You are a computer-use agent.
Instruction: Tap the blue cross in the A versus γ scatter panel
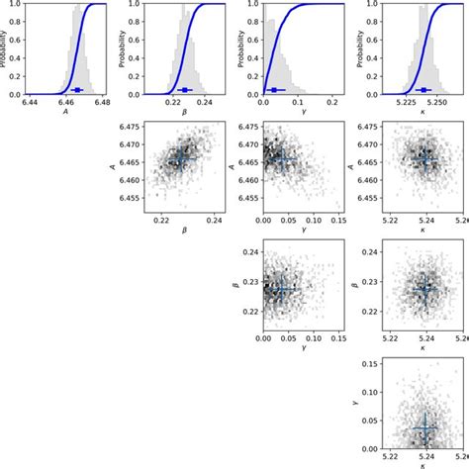click(283, 159)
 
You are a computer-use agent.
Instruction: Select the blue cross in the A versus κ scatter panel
click(425, 159)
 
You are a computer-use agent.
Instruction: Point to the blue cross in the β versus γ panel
click(283, 290)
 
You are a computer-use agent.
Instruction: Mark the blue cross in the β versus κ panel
click(425, 290)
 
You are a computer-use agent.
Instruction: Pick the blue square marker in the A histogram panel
click(77, 90)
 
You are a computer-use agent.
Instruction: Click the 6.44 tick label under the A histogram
click(31, 103)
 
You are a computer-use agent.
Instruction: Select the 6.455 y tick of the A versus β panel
click(130, 198)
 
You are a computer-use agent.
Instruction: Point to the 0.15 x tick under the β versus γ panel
click(338, 338)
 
